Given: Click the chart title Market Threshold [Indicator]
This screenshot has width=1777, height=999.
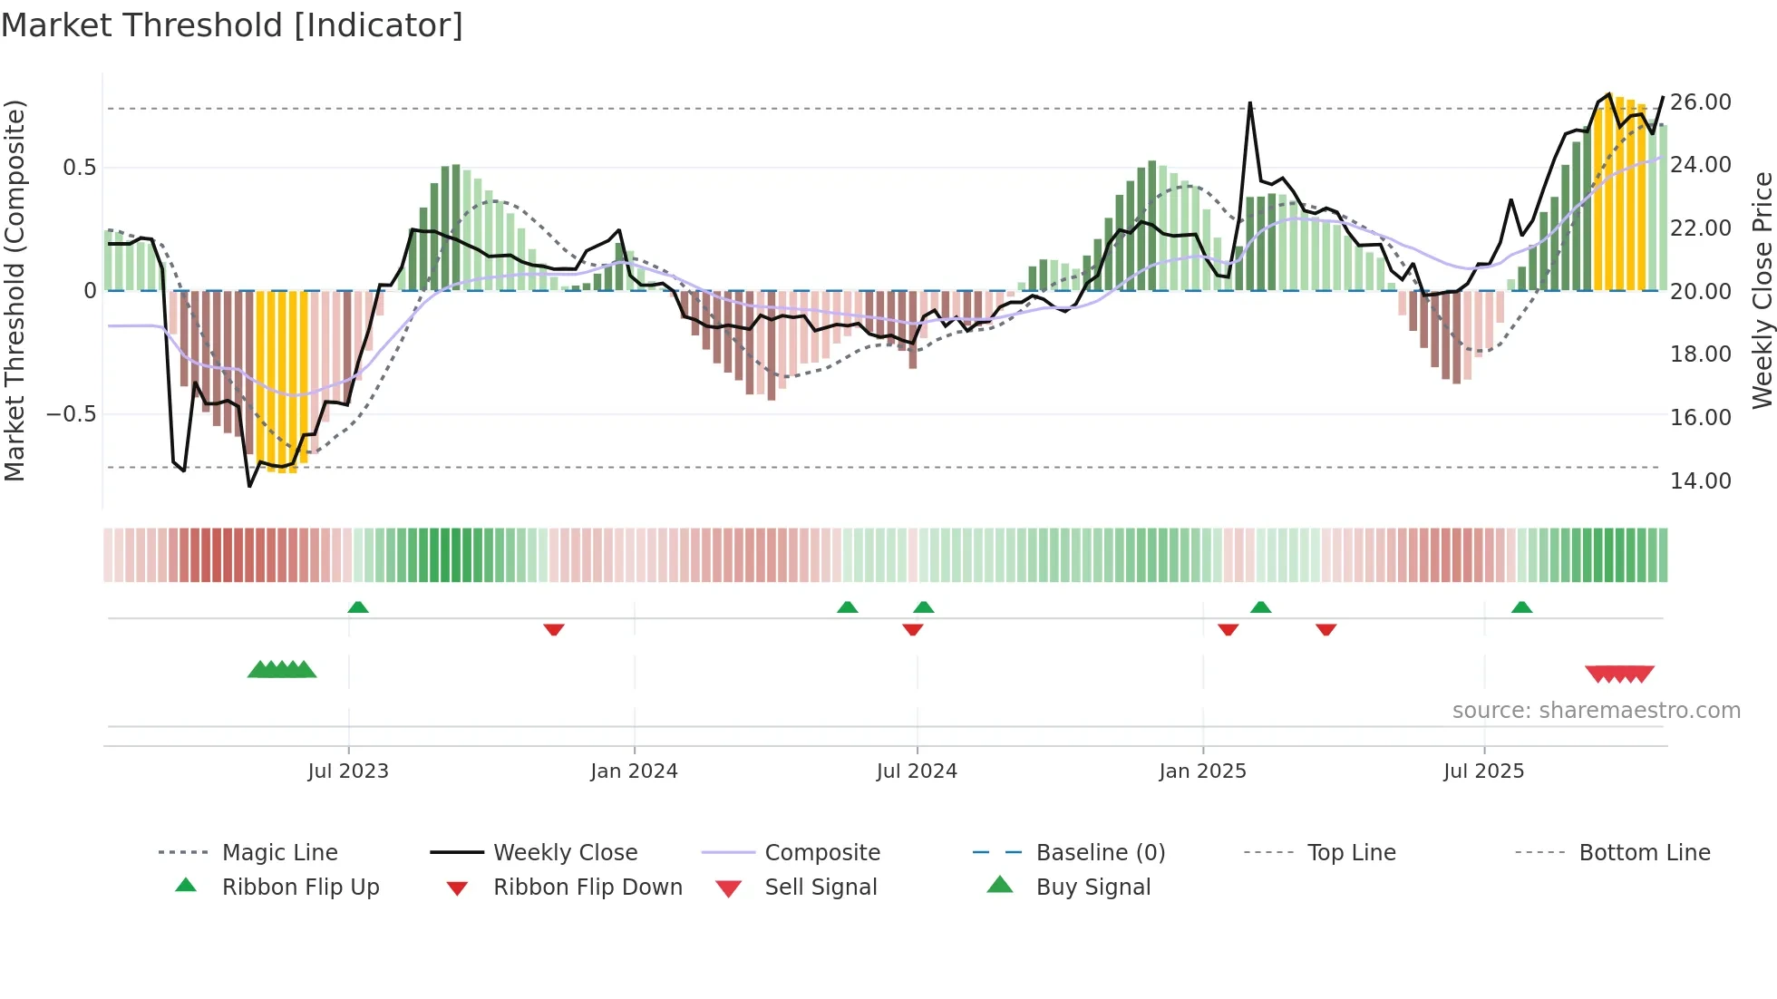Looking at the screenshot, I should point(232,25).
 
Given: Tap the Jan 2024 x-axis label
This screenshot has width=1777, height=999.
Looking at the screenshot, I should point(634,771).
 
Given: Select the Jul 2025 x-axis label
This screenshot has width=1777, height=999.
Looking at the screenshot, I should point(1483,771).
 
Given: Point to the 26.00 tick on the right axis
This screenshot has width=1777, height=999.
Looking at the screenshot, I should point(1701,102).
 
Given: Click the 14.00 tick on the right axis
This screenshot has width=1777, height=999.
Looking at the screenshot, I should point(1701,480).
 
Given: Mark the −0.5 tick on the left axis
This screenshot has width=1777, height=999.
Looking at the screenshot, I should point(71,414).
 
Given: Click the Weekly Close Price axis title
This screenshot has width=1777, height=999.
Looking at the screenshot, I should point(1762,290).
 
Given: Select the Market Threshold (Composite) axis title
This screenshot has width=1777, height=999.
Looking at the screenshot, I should point(15,290).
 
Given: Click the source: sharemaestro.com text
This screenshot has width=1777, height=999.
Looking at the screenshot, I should point(1596,710).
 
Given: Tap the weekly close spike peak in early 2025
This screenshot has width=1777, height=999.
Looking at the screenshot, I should point(1249,103).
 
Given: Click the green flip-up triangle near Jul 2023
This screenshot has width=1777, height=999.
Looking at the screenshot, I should point(358,607).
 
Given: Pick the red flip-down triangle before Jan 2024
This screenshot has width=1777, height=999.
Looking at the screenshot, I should point(554,629).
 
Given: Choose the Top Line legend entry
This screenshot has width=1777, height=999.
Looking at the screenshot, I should point(1351,852).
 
